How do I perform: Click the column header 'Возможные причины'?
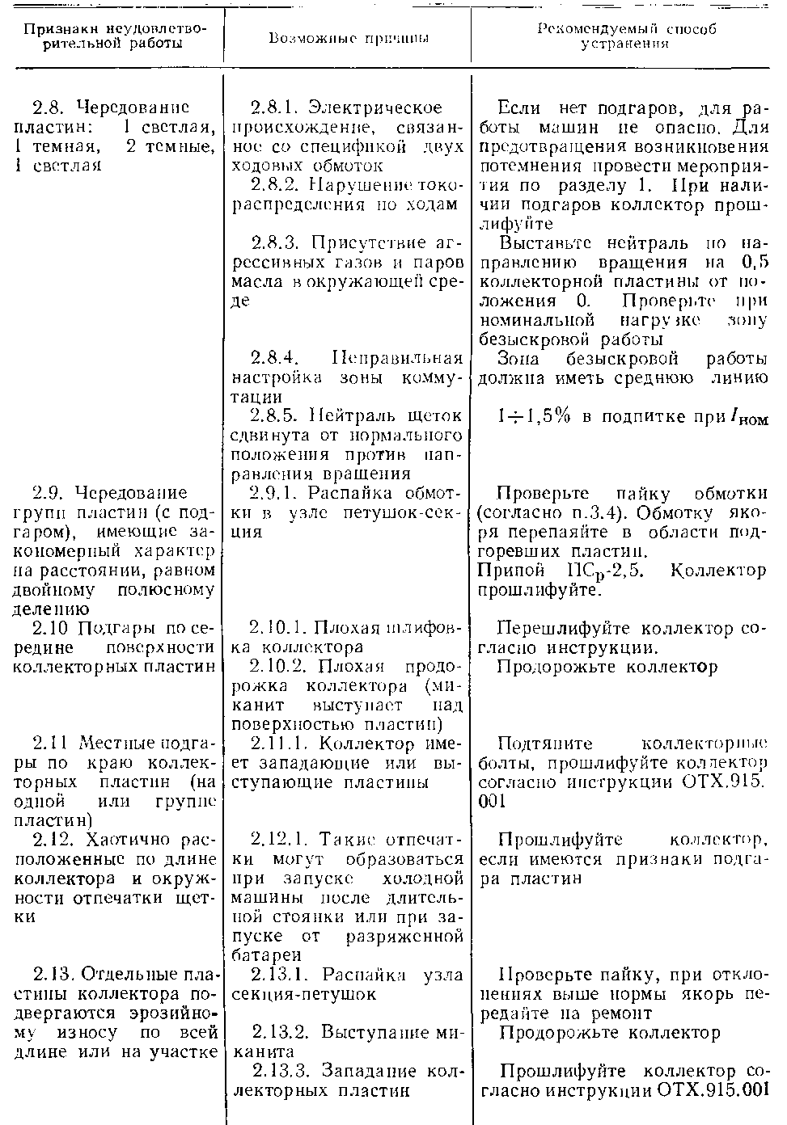pyautogui.click(x=348, y=38)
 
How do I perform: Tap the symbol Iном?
pyautogui.click(x=748, y=418)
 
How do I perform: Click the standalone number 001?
pyautogui.click(x=493, y=801)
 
